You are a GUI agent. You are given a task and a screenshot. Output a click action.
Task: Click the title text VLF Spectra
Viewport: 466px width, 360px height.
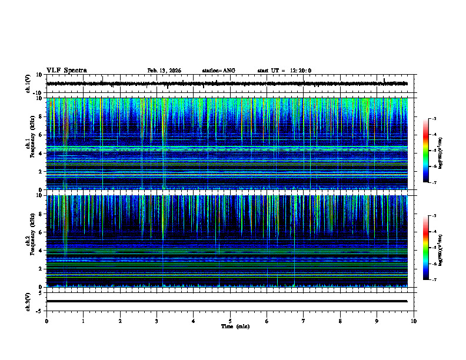point(66,71)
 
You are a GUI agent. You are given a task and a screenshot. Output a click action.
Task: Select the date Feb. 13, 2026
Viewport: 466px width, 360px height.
point(164,71)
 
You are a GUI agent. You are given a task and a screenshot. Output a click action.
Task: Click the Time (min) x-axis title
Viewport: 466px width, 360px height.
point(235,326)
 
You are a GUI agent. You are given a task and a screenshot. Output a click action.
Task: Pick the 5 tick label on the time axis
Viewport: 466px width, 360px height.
point(230,321)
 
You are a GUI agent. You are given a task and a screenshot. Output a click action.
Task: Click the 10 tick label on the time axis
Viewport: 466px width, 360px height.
point(414,321)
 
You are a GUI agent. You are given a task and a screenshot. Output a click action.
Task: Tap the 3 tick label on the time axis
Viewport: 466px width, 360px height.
point(157,321)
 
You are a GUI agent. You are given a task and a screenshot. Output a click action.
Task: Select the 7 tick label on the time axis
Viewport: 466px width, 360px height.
point(304,321)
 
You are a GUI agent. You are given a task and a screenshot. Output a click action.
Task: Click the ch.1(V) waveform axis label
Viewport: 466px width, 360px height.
point(28,84)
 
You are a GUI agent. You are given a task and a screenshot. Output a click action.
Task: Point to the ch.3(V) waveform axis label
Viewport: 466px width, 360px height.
point(28,301)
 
